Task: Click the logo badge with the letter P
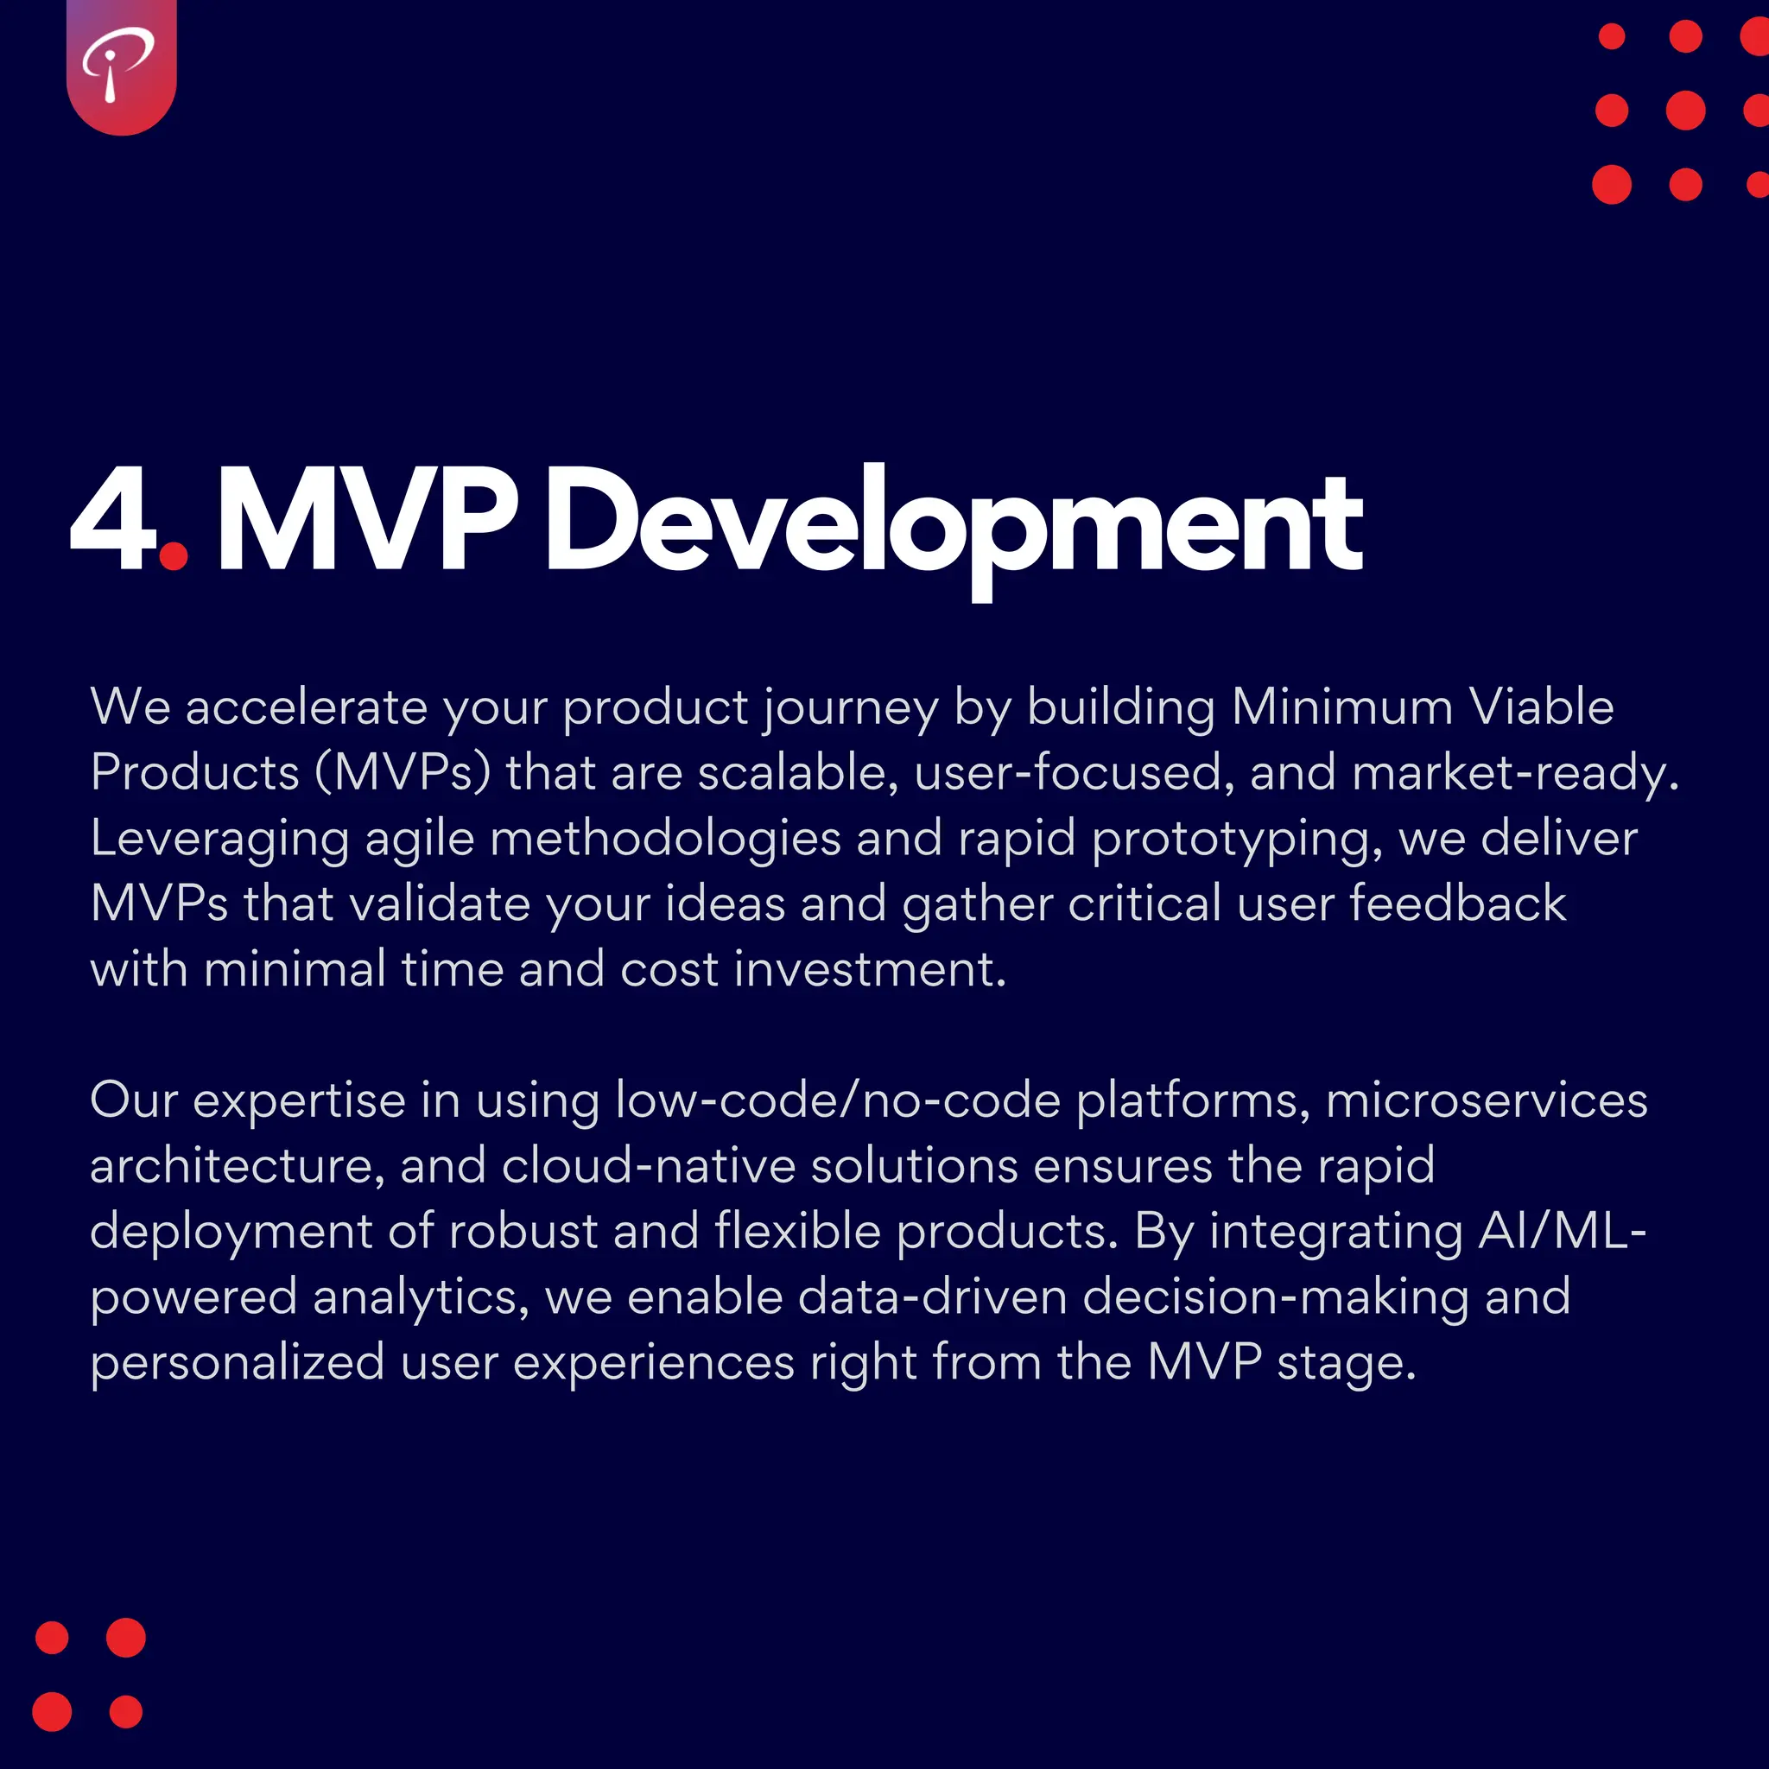121,66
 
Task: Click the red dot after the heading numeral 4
173,555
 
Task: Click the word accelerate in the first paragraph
307,707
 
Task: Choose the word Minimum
1342,707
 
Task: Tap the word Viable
1542,707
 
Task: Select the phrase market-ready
1515,773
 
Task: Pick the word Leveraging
219,839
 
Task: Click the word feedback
1458,904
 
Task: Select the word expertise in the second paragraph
300,1100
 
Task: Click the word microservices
1487,1100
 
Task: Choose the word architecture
236,1165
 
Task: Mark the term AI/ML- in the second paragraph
1563,1232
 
